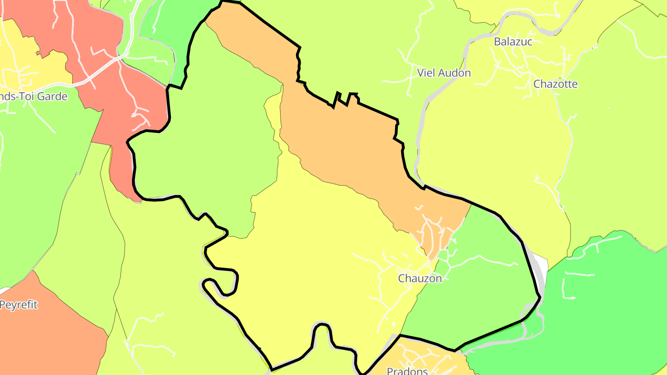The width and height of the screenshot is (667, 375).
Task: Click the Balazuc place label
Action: (513, 41)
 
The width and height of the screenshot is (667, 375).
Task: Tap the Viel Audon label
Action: (444, 73)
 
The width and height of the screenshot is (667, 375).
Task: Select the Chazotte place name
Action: (555, 84)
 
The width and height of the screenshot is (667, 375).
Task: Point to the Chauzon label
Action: (420, 278)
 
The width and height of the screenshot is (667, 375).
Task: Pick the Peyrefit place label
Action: (19, 305)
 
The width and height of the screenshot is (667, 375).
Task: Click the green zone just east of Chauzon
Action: (482, 287)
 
